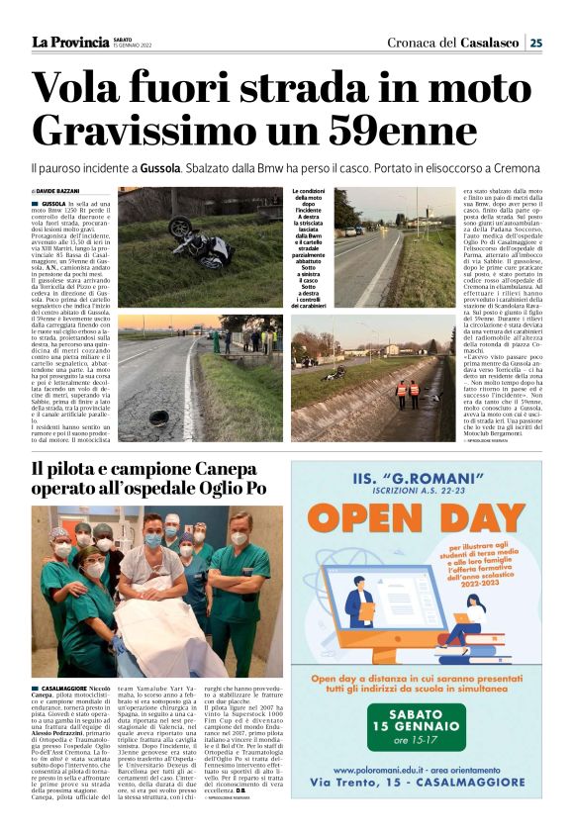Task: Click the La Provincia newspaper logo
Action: tap(70, 42)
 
